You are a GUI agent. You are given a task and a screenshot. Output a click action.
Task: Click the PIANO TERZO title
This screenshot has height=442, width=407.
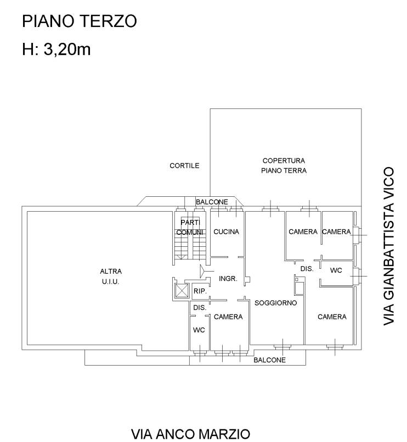(80, 21)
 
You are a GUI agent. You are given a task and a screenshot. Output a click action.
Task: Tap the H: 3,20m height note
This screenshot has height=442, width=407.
(56, 49)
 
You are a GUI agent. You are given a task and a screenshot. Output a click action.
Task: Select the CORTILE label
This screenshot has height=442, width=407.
(184, 165)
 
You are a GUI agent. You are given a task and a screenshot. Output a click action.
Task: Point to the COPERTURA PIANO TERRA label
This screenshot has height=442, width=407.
(284, 165)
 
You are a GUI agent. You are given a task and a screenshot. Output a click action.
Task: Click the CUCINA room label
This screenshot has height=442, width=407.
(226, 231)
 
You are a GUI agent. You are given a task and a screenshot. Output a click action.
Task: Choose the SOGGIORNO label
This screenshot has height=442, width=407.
(276, 303)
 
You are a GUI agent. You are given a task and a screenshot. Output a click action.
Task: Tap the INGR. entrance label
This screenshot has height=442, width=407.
(228, 279)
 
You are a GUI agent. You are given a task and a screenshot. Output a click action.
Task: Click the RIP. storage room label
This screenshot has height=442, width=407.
(200, 291)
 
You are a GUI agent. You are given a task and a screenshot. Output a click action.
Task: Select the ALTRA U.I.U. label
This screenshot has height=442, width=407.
(111, 276)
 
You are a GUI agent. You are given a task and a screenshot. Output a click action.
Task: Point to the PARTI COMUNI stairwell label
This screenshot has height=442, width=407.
(190, 227)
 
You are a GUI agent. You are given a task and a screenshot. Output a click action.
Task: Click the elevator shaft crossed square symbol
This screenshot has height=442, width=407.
(182, 290)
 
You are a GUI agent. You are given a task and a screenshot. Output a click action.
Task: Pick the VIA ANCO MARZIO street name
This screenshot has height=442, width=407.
(191, 434)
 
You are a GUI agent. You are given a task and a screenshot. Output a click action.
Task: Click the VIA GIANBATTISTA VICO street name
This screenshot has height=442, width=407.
(389, 246)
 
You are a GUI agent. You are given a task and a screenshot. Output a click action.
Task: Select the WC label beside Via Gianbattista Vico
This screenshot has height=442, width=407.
(336, 270)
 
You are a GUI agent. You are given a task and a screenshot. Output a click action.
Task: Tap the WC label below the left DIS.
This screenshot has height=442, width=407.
(199, 330)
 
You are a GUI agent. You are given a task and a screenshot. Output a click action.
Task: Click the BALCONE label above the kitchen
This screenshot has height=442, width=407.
(212, 202)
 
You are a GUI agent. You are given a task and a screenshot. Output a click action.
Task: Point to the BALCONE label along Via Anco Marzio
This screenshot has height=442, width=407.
(269, 360)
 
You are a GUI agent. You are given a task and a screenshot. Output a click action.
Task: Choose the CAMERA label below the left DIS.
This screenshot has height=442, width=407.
(228, 317)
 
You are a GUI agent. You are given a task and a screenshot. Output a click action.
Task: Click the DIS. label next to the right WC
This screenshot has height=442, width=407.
(307, 269)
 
